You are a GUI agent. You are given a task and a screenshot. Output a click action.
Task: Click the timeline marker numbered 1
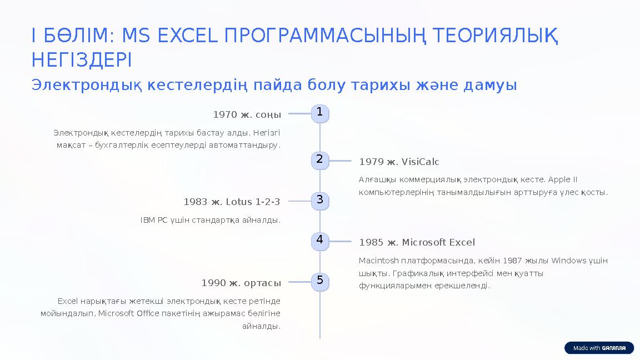coord(319,113)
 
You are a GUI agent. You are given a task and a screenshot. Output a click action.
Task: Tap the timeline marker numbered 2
coord(319,160)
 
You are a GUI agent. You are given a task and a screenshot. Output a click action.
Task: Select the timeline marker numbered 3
coord(319,201)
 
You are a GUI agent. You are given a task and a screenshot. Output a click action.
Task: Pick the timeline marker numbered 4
coord(319,241)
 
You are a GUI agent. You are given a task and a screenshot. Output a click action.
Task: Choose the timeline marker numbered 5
coord(319,281)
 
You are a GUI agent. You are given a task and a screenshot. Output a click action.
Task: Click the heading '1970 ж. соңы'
coord(247,115)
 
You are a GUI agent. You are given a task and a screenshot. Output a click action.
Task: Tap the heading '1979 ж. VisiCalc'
coord(399,162)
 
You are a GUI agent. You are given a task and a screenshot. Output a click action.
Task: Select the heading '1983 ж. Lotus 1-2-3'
coord(232,202)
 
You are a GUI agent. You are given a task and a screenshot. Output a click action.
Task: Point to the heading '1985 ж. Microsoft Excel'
coord(417,243)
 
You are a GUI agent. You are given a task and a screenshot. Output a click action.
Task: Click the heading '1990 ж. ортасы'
coord(241,283)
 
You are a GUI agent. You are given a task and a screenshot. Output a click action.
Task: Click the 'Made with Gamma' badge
coord(599,348)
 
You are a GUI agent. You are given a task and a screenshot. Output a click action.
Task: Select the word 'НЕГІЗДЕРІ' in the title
coord(82,59)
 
